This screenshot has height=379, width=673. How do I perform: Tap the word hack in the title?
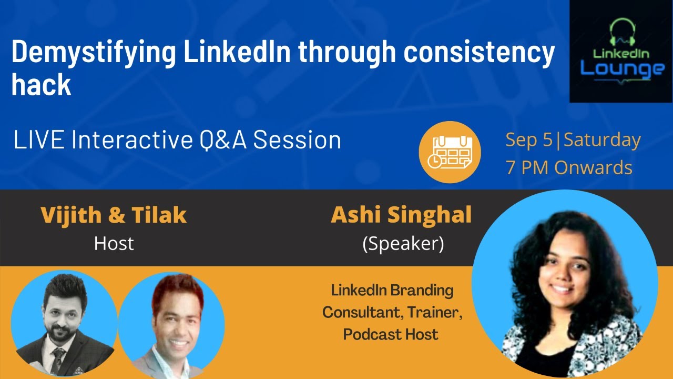click(41, 85)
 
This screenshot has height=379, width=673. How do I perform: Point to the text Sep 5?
click(529, 140)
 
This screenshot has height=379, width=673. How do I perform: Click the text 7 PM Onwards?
click(568, 167)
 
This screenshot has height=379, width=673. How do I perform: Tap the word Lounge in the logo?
click(622, 68)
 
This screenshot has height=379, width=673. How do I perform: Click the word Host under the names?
click(114, 243)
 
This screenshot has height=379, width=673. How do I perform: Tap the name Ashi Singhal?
click(401, 215)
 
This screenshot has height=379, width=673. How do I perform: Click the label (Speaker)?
click(403, 244)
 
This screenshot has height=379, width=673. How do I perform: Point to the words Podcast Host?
click(390, 334)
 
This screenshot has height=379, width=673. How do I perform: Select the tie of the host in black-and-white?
click(57, 360)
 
